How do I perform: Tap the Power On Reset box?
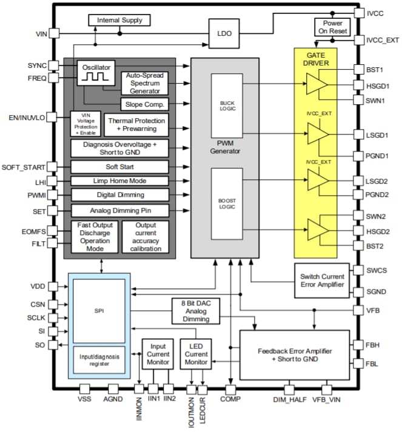click(332, 27)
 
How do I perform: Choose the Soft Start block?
click(119, 167)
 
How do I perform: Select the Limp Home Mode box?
click(119, 181)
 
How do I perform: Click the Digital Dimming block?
click(119, 194)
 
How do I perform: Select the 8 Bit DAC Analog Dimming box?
click(195, 311)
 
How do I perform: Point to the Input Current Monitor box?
click(158, 353)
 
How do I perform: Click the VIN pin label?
click(37, 35)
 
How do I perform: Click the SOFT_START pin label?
click(24, 167)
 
